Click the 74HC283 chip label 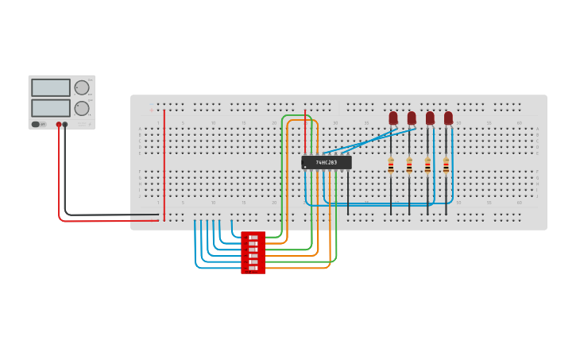coord(326,162)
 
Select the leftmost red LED coord(392,118)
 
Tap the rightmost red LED coord(448,118)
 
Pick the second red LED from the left coord(412,118)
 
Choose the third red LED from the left coord(430,118)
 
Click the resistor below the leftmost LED coord(391,165)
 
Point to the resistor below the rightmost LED coord(446,165)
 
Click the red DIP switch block coord(253,253)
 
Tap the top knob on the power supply coord(82,87)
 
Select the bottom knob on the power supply coord(82,108)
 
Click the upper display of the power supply coord(51,87)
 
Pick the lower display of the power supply coord(51,107)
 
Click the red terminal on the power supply coord(59,125)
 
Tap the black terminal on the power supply coord(65,125)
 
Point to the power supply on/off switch coord(37,124)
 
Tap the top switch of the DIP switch coord(253,237)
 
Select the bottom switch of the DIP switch coord(253,269)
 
